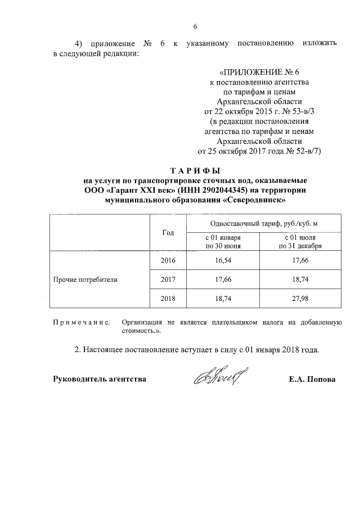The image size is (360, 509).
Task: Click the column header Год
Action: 168,233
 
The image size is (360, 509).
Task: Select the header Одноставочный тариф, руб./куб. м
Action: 260,223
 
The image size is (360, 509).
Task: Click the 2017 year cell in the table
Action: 168,279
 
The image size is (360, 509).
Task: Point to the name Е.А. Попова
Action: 312,380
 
